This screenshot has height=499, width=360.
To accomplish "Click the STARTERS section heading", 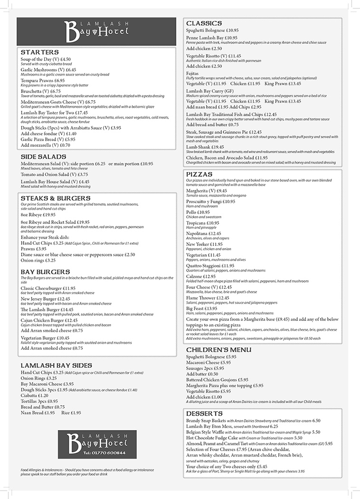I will click(40, 52).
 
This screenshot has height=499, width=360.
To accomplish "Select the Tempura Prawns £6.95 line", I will click(43, 80).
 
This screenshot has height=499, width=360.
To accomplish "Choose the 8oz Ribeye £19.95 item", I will click(39, 215).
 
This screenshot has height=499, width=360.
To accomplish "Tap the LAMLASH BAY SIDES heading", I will click(57, 365).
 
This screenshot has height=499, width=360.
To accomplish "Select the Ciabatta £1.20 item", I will click(35, 395).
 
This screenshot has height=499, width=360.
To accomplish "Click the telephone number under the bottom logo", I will click(97, 453).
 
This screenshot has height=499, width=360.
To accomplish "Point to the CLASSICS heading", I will click(204, 23).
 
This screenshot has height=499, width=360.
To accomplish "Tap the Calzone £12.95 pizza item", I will click(201, 276).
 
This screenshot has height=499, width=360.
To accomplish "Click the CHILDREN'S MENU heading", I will click(219, 350).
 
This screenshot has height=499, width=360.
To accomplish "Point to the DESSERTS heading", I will click(204, 413).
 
